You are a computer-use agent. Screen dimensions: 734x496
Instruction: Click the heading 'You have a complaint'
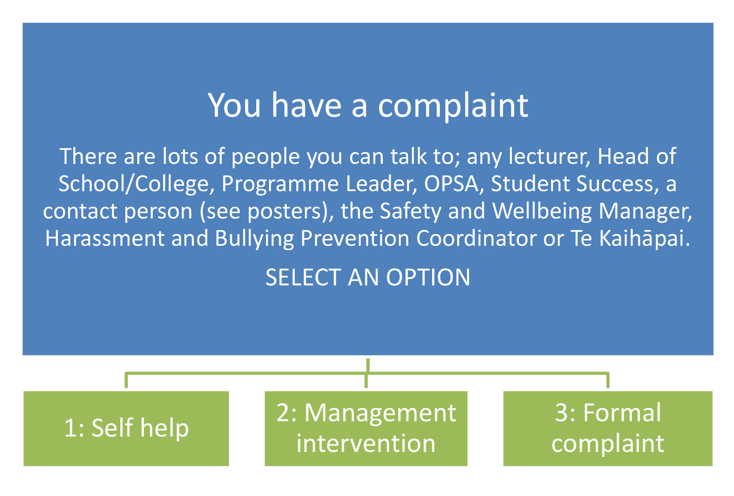coord(368,105)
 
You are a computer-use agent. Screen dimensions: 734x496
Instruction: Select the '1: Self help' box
coord(126,428)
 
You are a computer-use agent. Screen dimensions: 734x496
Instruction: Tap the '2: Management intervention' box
coord(366,428)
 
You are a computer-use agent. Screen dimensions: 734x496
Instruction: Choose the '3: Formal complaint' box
coord(608,428)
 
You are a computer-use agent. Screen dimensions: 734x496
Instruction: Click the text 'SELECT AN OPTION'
coord(368,277)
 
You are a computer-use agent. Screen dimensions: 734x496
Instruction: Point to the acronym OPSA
coord(452,184)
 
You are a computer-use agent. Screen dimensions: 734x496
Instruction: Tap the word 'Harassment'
coord(105,238)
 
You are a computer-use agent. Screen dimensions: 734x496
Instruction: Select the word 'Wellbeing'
coord(542,211)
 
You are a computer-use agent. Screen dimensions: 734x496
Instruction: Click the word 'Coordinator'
coord(476,238)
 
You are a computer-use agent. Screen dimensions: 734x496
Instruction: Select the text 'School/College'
coord(134,184)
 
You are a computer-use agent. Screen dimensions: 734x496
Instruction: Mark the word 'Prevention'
coord(355,238)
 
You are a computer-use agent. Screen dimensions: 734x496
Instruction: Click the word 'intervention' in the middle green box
coord(366,444)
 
